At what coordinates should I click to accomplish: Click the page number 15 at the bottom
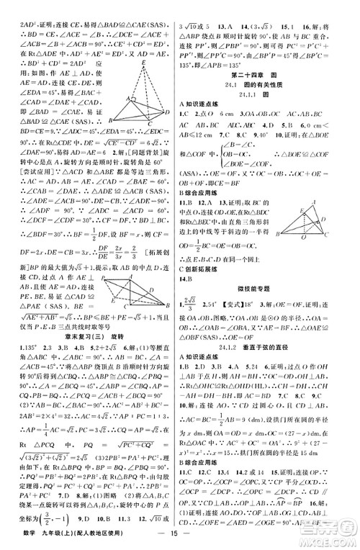[179, 537]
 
